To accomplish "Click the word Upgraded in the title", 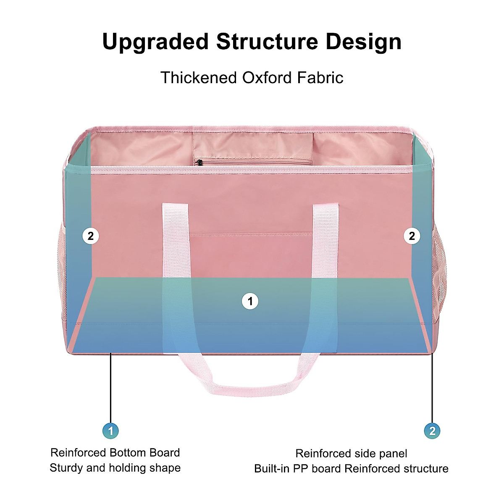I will coord(155,42).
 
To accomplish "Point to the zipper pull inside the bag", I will coord(199,162).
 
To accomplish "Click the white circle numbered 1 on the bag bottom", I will coord(250,301).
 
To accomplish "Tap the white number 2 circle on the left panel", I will coord(91,236).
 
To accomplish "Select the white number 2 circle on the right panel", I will coord(412,236).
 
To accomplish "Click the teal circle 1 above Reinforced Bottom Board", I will coord(110,431).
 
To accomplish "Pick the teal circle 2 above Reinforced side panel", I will coord(432,431).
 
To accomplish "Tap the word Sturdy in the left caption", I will coord(66,468).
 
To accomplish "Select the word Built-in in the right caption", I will coord(272,469).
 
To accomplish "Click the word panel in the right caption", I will coord(391,454).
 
